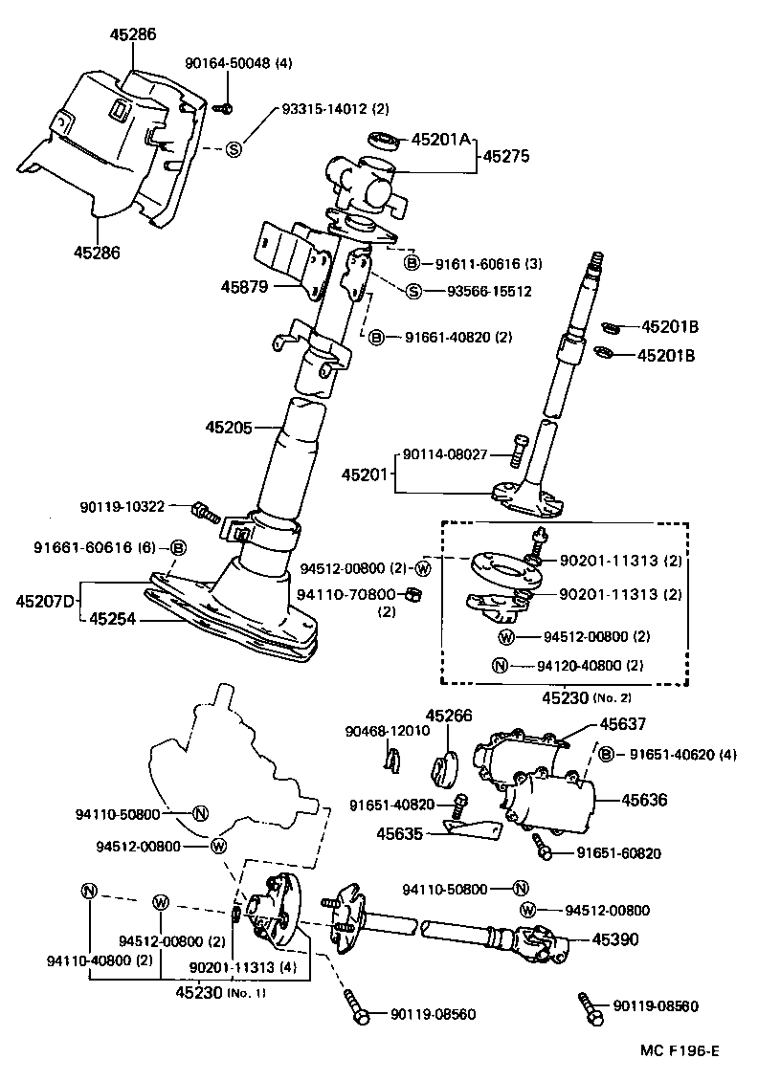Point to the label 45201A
tap(441, 140)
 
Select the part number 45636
tap(644, 800)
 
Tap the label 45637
tap(623, 725)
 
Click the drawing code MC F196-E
tap(679, 1050)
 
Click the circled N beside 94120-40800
tap(500, 666)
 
